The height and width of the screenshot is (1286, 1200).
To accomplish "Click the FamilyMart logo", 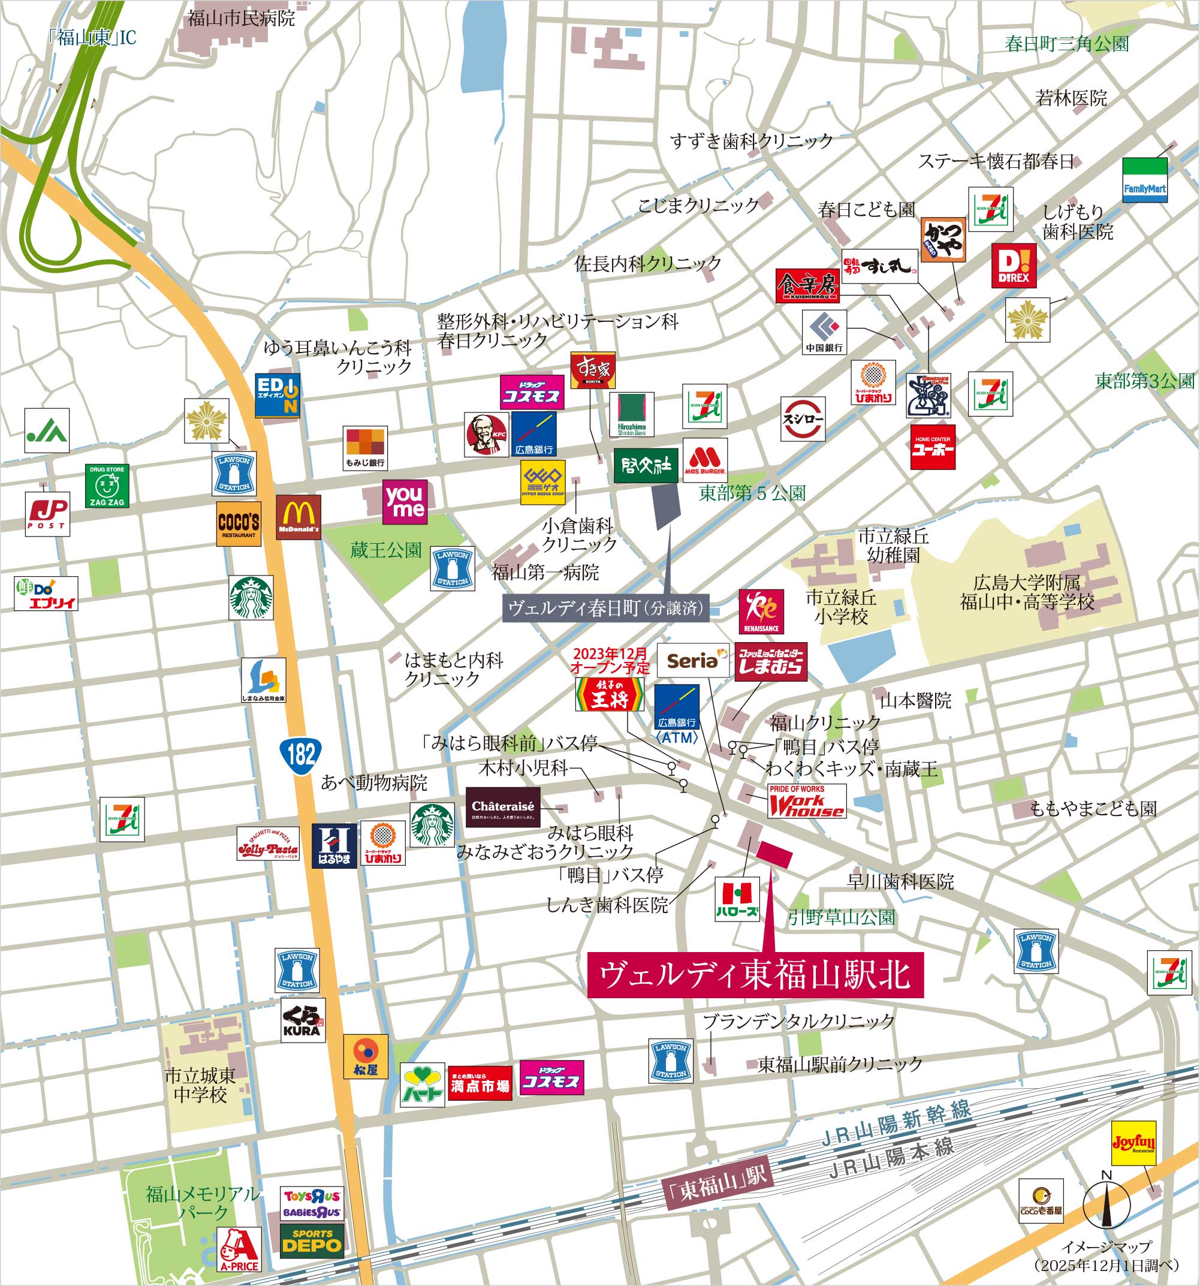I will pos(1144,180).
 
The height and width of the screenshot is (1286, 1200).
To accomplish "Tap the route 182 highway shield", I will pos(301,754).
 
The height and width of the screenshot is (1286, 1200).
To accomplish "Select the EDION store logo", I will pos(277,394).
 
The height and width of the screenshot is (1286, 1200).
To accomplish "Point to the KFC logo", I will pos(487,435).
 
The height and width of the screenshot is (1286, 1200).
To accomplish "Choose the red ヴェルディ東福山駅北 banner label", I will pos(755,974).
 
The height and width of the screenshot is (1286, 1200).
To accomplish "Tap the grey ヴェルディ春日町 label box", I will pos(605,608).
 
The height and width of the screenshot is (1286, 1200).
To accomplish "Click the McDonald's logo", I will pos(299,517).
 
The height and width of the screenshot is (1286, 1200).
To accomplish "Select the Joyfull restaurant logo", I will pos(1133,1143).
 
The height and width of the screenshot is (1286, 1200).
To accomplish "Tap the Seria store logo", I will pos(693,661).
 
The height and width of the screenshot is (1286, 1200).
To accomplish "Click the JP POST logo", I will pos(47,513).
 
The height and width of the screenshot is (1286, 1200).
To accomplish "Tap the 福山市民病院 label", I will pos(240,18).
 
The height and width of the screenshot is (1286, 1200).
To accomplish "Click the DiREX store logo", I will pos(1014,265).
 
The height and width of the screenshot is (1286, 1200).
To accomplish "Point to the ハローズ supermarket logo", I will pos(737,899).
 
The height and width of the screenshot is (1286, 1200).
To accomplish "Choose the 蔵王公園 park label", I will pos(385,550).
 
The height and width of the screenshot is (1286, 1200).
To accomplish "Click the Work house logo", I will pos(806,802).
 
